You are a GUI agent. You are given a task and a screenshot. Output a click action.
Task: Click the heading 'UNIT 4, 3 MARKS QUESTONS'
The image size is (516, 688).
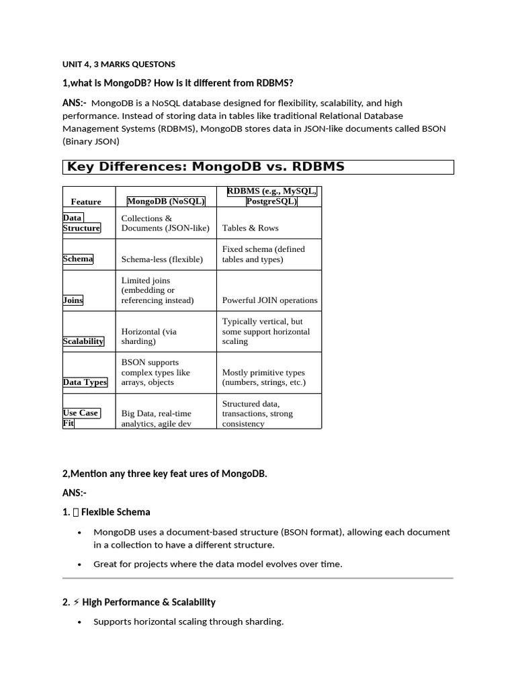pyautogui.click(x=119, y=64)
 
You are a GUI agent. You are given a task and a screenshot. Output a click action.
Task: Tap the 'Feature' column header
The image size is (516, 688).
pyautogui.click(x=86, y=202)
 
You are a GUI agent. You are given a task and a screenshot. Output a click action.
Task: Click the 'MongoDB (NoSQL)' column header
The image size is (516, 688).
pyautogui.click(x=166, y=201)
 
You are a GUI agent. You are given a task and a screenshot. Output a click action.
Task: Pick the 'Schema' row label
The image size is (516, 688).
pyautogui.click(x=78, y=259)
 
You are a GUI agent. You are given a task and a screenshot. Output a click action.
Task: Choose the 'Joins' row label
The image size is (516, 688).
pyautogui.click(x=73, y=300)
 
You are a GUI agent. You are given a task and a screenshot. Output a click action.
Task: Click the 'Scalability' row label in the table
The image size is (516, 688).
pyautogui.click(x=83, y=341)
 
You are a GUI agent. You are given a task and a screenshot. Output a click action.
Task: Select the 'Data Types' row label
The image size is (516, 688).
pyautogui.click(x=85, y=382)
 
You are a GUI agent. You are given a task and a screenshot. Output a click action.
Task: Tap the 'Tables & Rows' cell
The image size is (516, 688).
pyautogui.click(x=250, y=228)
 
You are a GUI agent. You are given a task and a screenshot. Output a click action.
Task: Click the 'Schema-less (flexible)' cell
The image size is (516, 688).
pyautogui.click(x=162, y=259)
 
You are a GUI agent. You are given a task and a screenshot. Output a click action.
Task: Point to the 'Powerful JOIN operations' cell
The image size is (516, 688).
pyautogui.click(x=269, y=300)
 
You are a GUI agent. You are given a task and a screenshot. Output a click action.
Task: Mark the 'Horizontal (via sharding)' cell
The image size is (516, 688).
pyautogui.click(x=149, y=336)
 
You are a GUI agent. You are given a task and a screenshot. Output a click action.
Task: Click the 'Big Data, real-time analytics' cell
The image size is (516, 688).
pyautogui.click(x=157, y=419)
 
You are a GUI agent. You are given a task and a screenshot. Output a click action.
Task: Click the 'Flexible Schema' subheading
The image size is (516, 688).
pyautogui.click(x=116, y=512)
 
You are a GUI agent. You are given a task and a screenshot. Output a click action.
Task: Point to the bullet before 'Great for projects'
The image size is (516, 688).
pyautogui.click(x=80, y=564)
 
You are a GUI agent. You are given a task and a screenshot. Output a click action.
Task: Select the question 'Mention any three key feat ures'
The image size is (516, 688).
pyautogui.click(x=165, y=474)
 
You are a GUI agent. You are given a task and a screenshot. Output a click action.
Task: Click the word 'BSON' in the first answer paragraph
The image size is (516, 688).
pyautogui.click(x=433, y=128)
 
